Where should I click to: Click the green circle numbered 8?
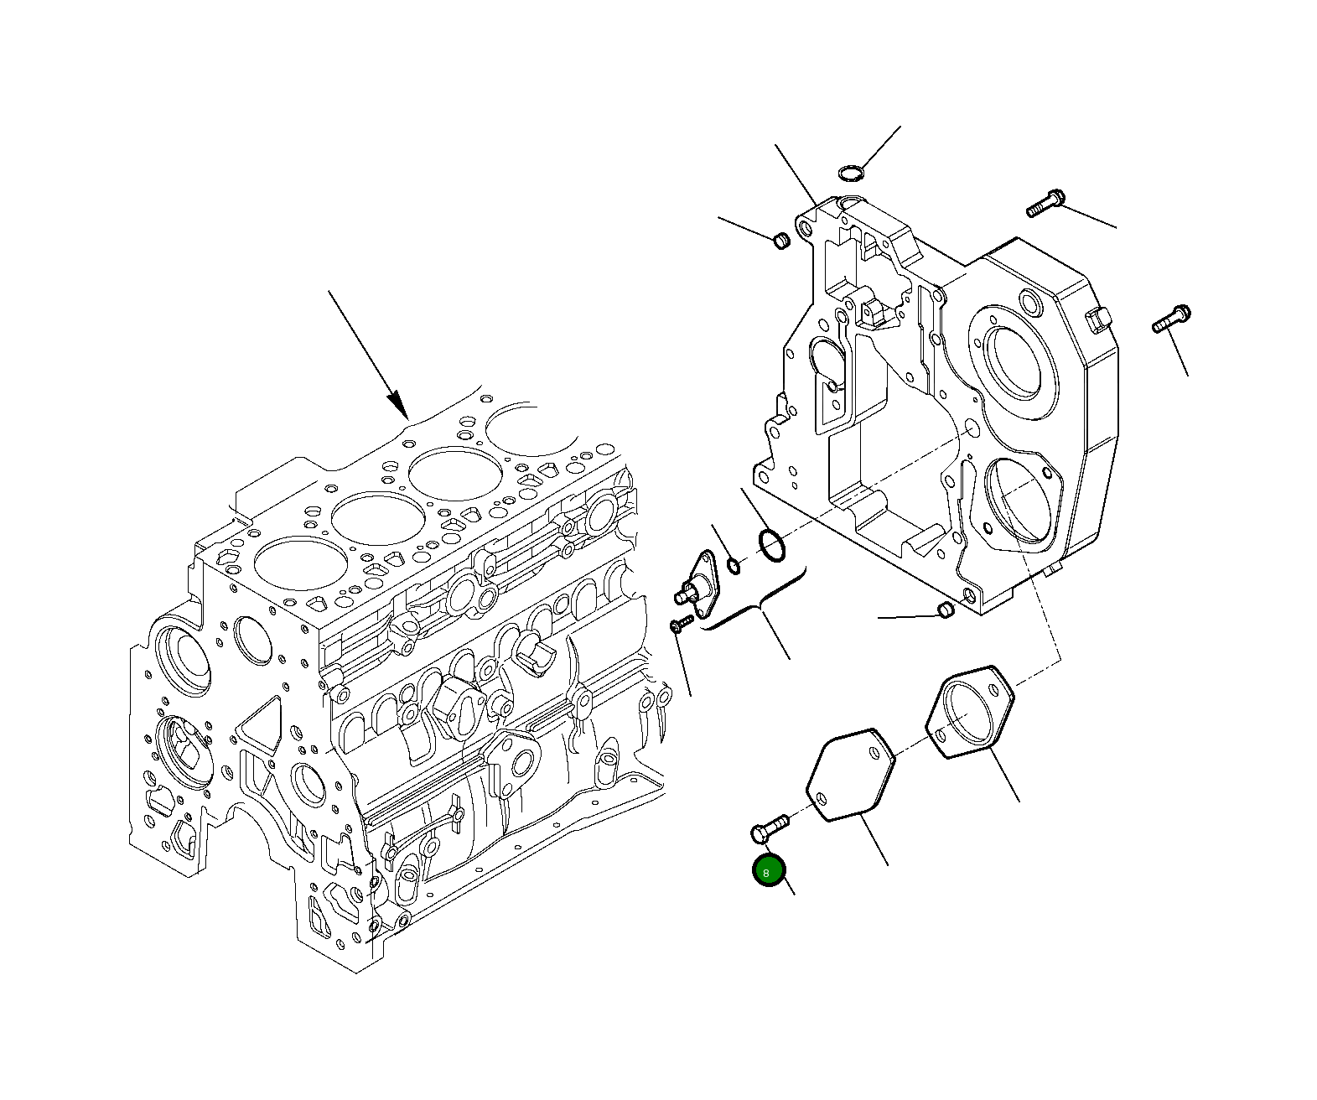click(769, 872)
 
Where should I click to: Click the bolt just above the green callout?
click(768, 829)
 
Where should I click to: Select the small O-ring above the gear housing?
click(850, 174)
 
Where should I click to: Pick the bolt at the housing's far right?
click(1172, 319)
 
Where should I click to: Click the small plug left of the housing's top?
click(780, 241)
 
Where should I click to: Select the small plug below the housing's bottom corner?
click(944, 610)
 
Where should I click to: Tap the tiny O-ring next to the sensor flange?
click(734, 567)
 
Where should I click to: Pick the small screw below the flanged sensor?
click(680, 624)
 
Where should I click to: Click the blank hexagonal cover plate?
click(850, 774)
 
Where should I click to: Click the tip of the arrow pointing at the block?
click(407, 417)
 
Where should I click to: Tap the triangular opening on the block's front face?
click(258, 722)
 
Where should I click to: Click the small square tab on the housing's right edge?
click(1097, 320)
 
